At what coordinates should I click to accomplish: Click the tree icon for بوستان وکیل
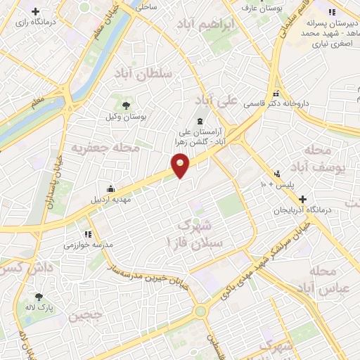pyautogui.click(x=124, y=105)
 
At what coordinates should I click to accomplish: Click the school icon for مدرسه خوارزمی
pyautogui.click(x=87, y=234)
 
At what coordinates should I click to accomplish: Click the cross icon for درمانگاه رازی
pyautogui.click(x=37, y=12)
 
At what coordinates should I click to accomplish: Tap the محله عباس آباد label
pyautogui.click(x=332, y=280)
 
